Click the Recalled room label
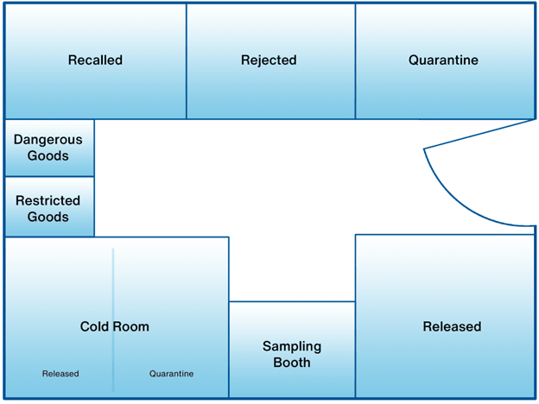point(95,60)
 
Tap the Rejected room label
point(269,60)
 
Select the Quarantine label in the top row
point(443,60)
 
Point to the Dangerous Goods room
point(48,148)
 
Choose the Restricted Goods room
point(48,208)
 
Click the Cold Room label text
point(115,326)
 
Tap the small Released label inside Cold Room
point(60,374)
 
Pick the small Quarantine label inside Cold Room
point(171,374)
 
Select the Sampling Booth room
point(292,354)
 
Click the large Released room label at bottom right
point(452,326)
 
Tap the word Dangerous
point(48,139)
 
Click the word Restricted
point(48,200)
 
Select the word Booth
point(292,363)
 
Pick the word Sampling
point(292,346)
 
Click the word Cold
point(96,326)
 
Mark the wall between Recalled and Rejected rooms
point(186,60)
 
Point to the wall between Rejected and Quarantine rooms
point(355,60)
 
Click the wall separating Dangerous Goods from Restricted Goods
point(48,176)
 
